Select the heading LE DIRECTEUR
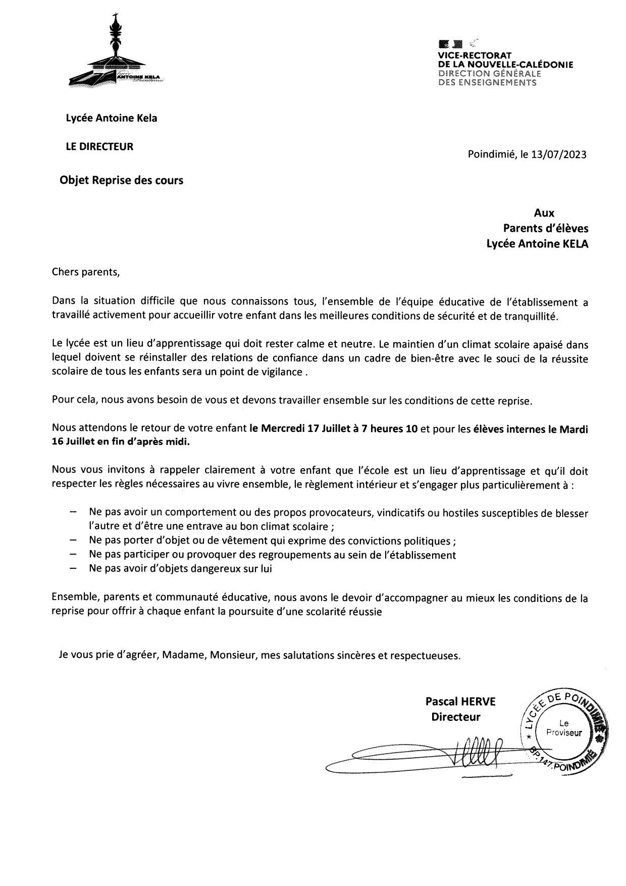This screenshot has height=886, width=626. point(99,146)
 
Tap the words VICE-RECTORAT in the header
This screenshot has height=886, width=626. point(475,55)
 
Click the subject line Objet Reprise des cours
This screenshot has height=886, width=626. point(122,180)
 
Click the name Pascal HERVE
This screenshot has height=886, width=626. point(460,701)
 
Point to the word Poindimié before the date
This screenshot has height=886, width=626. point(491,155)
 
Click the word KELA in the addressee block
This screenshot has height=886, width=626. point(571,243)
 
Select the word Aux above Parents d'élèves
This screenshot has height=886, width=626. point(544,213)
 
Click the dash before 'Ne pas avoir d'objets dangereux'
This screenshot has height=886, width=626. point(74,568)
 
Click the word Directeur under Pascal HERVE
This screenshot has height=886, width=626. point(456,716)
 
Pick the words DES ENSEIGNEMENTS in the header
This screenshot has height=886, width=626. point(487,82)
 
